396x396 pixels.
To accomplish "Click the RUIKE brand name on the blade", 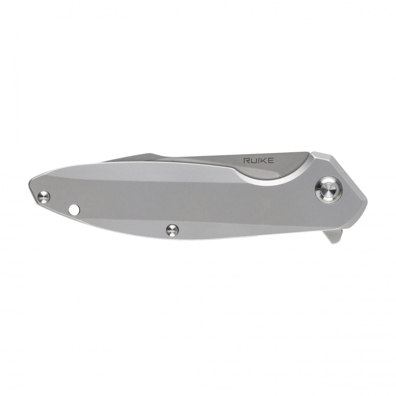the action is tap(258, 160).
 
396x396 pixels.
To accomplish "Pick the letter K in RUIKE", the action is tap(264, 160).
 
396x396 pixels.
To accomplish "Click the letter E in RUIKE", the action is tap(271, 160).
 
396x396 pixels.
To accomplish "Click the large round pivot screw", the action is tap(329, 190).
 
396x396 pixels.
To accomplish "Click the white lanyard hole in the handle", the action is tap(74, 209).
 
